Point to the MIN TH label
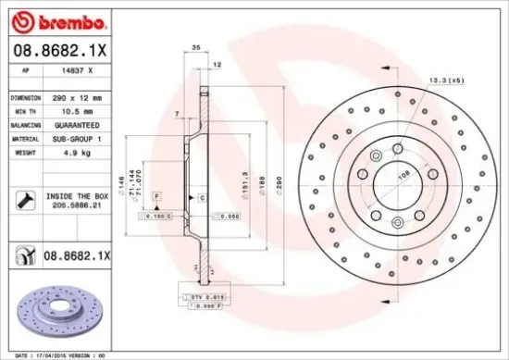(x=25, y=110)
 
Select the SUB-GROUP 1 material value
(x=78, y=137)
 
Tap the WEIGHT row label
(x=24, y=150)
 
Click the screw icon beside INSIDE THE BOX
(x=24, y=198)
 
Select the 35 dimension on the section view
(x=195, y=46)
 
